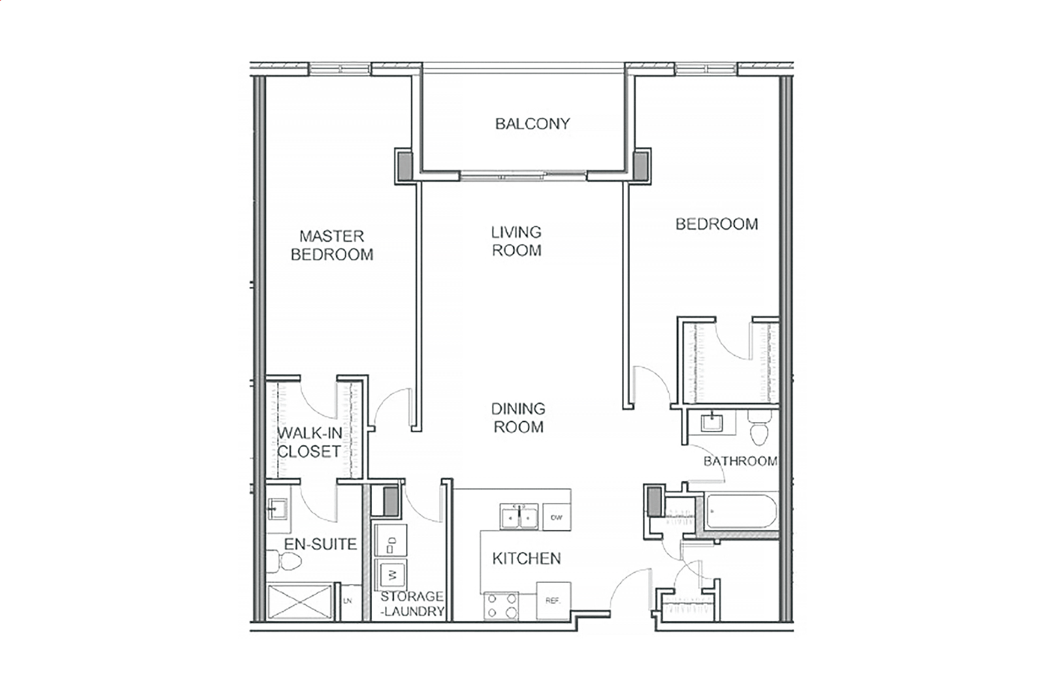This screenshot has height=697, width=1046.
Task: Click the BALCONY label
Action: [x=532, y=123]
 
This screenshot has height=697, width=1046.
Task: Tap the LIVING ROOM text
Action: [x=516, y=241]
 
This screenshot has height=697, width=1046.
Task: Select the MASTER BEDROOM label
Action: [x=332, y=245]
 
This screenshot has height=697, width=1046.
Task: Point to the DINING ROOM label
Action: [x=518, y=418]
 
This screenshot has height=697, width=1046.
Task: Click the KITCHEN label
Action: [x=527, y=559]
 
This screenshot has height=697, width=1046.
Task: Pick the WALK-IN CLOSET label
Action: [x=310, y=442]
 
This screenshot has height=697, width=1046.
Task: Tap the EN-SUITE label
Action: [x=320, y=544]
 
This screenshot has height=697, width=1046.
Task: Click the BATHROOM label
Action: [x=741, y=461]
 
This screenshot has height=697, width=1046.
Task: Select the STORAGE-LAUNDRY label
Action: [x=412, y=604]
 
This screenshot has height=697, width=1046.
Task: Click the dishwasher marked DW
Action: [x=557, y=517]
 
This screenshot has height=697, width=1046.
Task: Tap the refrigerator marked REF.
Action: [x=553, y=600]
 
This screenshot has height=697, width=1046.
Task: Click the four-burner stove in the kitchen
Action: [x=501, y=606]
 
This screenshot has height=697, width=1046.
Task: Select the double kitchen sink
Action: [x=519, y=516]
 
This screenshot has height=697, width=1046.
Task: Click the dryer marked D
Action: [x=391, y=541]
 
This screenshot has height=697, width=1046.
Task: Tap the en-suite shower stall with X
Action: [x=300, y=602]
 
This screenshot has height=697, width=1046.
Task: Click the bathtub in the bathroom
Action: [x=742, y=511]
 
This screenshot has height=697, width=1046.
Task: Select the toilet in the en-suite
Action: [x=284, y=561]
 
